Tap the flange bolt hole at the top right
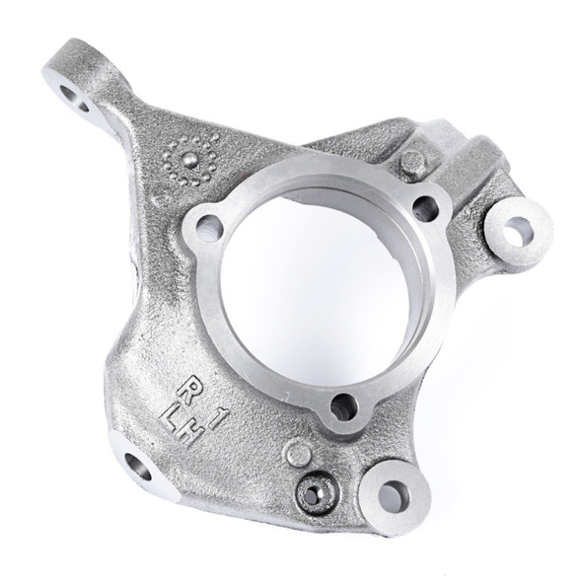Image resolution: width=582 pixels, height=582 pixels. click(425, 207)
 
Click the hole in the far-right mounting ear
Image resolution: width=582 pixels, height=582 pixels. click(515, 228)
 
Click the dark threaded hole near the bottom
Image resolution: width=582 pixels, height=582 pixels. click(314, 493)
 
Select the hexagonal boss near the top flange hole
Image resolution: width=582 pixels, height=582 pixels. click(412, 162)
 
